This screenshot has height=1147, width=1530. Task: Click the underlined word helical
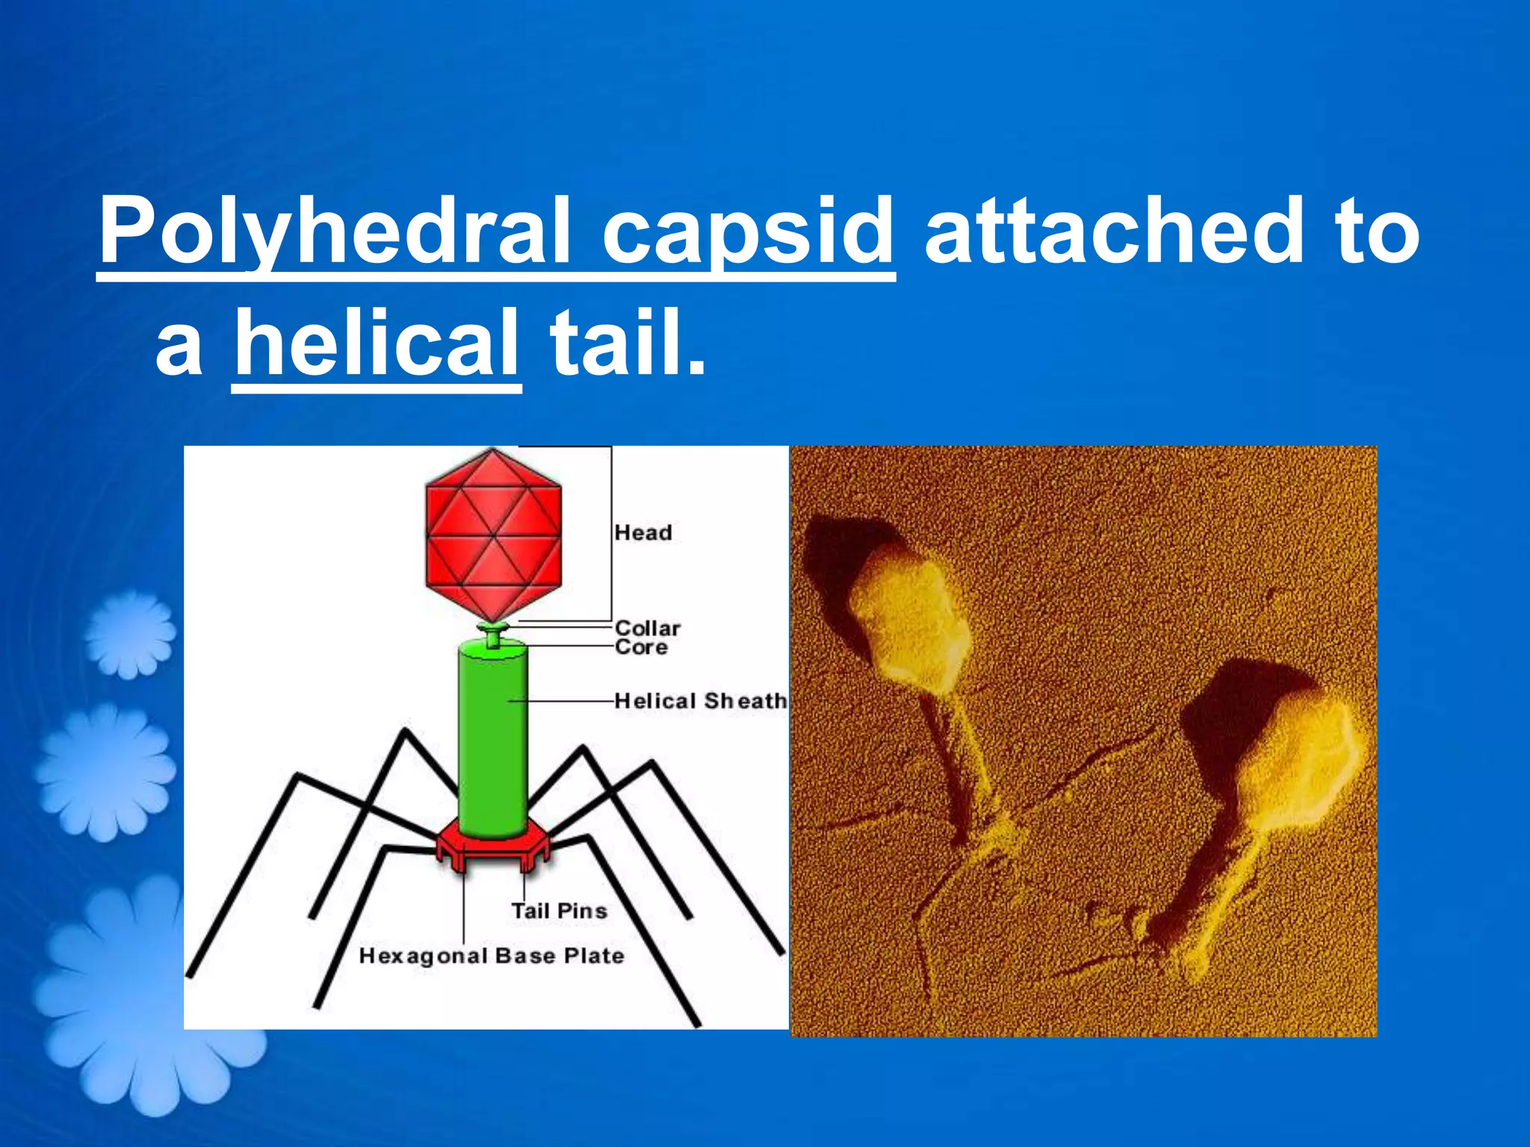(x=377, y=344)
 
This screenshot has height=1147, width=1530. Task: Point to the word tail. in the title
(x=628, y=344)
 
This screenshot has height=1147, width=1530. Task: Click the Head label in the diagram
(x=643, y=532)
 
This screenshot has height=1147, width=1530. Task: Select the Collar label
(x=648, y=628)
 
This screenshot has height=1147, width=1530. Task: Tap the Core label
(x=641, y=647)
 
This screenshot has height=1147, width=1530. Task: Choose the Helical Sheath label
(x=701, y=701)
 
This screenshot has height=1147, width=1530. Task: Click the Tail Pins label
(x=559, y=911)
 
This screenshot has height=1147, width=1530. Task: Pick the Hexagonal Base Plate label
(x=492, y=956)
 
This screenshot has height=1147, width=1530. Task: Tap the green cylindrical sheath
(x=492, y=739)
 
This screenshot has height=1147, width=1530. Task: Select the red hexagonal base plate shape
(x=493, y=848)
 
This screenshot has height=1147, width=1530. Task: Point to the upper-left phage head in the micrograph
(x=908, y=620)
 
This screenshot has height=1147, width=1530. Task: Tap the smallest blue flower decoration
(x=130, y=635)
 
